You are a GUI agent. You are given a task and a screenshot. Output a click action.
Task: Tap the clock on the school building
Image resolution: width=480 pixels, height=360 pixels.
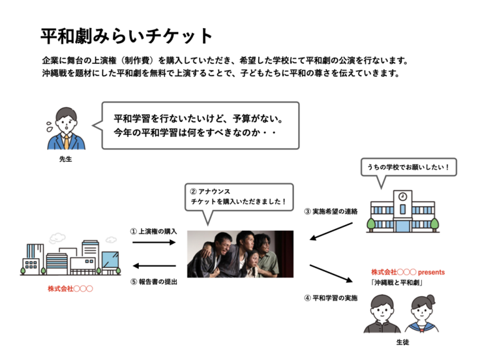(x=402, y=196)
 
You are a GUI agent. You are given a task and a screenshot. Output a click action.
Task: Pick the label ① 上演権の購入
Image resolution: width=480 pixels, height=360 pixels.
(x=155, y=231)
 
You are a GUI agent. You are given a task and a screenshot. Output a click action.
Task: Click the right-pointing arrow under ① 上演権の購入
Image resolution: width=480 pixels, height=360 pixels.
(x=155, y=242)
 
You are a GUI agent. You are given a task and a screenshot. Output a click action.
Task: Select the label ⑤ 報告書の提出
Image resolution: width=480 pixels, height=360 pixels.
(x=155, y=282)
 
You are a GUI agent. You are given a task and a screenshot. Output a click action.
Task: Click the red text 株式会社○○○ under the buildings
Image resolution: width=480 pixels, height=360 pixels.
(x=70, y=288)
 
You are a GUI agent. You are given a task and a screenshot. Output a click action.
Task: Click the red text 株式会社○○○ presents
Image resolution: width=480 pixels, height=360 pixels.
(x=408, y=271)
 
